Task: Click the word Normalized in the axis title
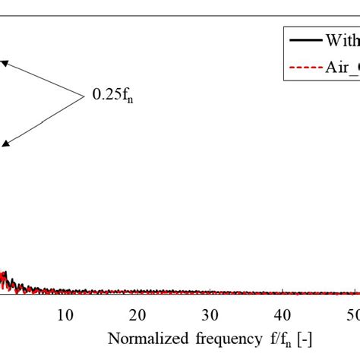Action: click(142, 338)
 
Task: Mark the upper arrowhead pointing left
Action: click(4, 64)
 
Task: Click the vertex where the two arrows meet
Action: click(83, 96)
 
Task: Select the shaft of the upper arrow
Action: click(44, 80)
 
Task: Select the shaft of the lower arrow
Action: click(44, 118)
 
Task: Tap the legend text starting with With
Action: click(341, 40)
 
